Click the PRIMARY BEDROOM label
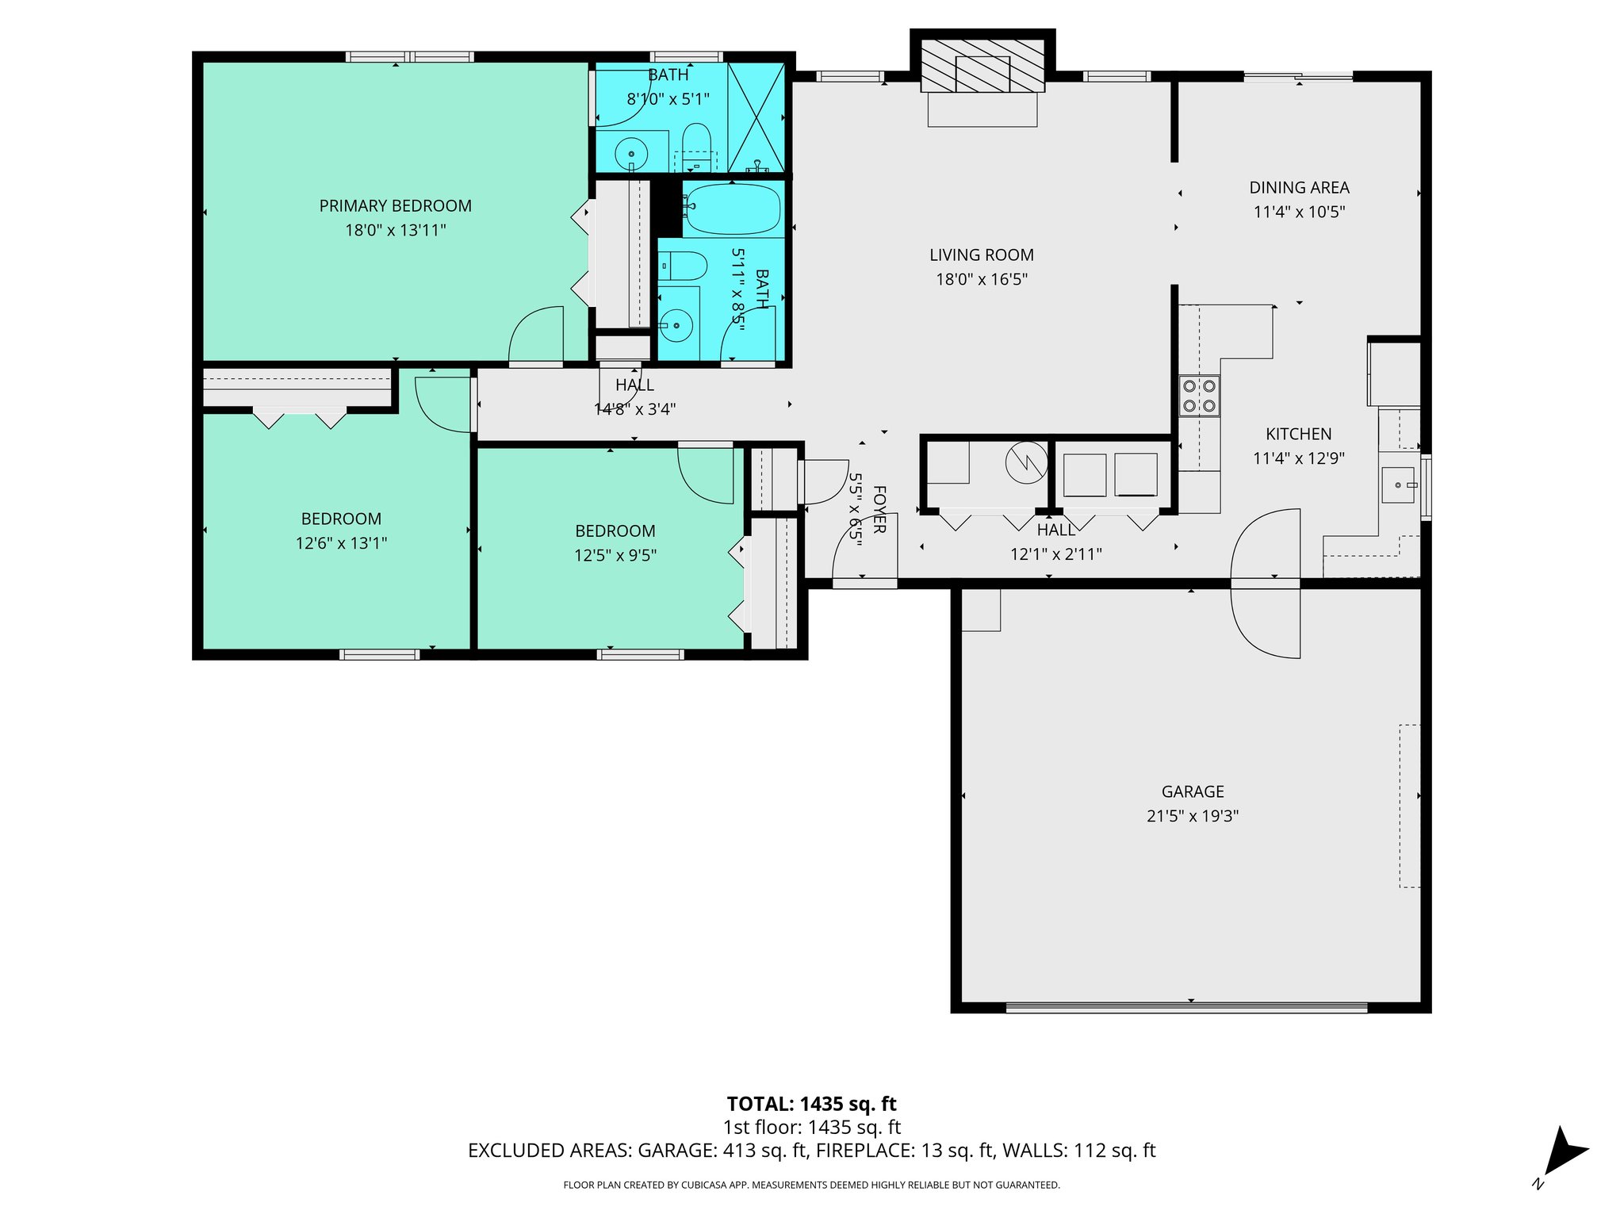(395, 206)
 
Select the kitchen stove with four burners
(1199, 396)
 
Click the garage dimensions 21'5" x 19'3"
(1192, 816)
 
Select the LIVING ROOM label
(981, 255)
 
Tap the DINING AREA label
(1298, 188)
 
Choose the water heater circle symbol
(1026, 462)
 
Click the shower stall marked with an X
(756, 117)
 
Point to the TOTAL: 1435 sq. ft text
(811, 1104)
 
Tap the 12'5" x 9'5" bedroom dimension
(615, 556)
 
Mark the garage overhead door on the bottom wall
(1186, 1008)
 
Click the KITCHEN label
(1298, 435)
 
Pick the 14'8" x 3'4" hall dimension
(634, 409)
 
